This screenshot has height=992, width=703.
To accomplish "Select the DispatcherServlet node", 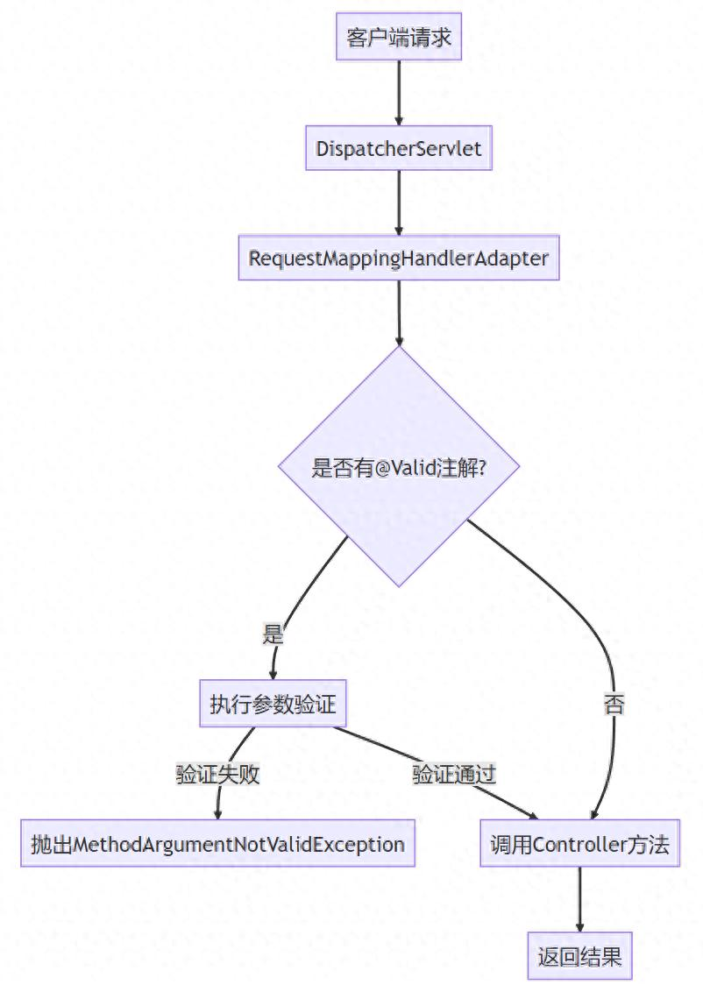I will [399, 149].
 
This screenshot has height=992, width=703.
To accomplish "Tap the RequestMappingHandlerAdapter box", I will [399, 259].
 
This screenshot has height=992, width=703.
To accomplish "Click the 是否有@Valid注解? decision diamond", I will [399, 466].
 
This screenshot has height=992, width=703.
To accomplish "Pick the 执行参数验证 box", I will [273, 704].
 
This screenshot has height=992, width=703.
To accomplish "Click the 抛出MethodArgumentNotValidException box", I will [217, 845].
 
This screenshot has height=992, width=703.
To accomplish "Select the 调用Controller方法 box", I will [579, 845].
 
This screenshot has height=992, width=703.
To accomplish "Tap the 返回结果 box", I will [579, 956].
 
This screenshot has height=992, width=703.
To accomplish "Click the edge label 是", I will [273, 634].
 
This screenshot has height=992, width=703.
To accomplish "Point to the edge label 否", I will [614, 704].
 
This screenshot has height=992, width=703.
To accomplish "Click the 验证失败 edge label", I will [217, 775].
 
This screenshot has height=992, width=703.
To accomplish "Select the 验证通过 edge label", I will [455, 775].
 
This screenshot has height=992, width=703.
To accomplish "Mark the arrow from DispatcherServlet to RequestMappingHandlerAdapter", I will [399, 203].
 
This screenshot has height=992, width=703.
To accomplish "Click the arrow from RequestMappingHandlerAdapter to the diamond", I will [399, 313].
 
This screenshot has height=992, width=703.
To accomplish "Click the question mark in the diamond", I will [484, 467].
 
